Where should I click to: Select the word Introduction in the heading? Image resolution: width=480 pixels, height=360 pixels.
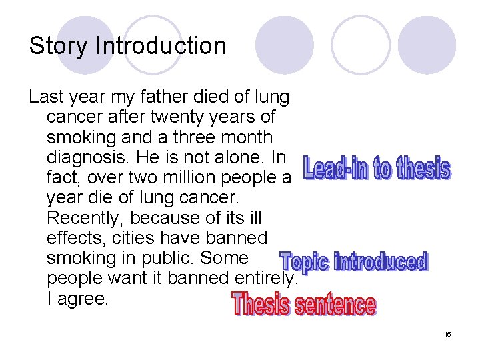(161, 46)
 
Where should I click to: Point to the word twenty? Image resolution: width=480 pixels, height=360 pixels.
(178, 117)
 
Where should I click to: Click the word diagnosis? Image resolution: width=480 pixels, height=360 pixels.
(84, 158)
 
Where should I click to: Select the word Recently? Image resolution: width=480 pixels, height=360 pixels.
(85, 218)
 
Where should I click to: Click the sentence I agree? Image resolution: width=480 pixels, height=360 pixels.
(77, 299)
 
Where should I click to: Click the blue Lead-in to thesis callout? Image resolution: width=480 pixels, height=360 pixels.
(377, 168)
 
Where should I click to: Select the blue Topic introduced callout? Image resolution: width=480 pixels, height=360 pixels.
(353, 261)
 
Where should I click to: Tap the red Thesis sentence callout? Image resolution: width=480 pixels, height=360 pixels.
(303, 305)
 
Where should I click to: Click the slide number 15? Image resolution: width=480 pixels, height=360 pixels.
(447, 334)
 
